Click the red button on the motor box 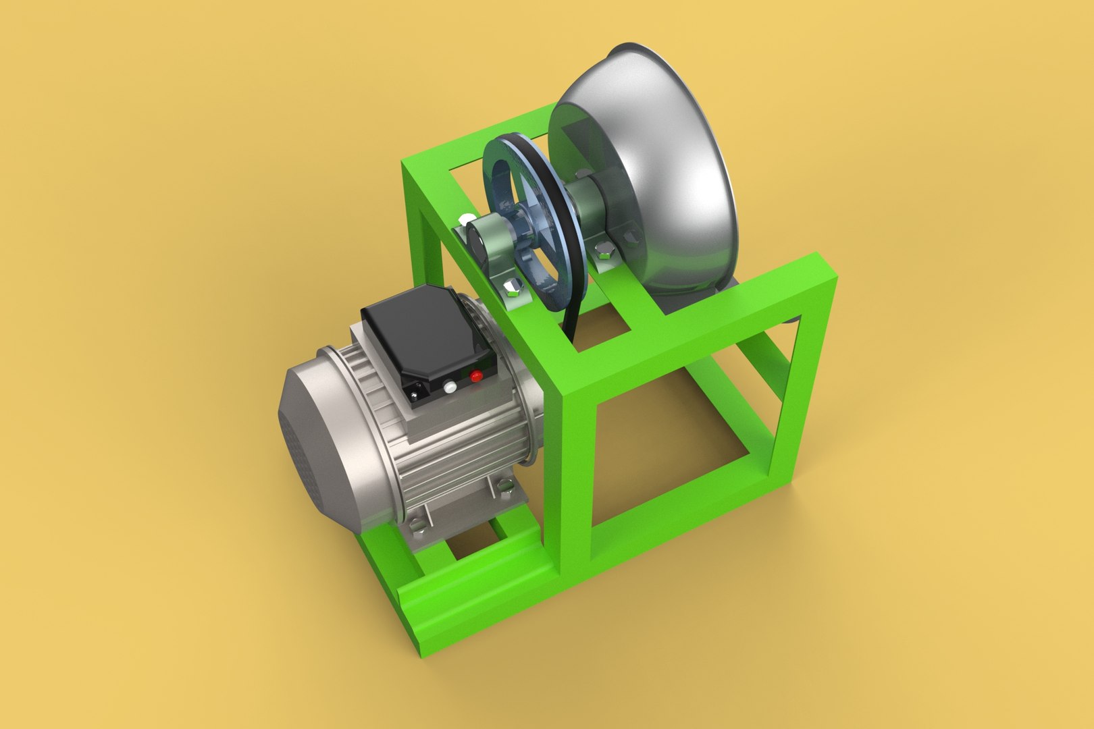[476, 375]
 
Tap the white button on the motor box [448, 387]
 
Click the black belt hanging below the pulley [574, 324]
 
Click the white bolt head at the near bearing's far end [466, 220]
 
